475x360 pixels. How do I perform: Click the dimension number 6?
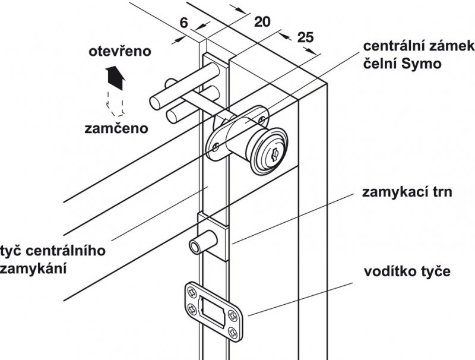183,23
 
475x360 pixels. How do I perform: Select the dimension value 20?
261,22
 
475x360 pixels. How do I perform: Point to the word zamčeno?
116,128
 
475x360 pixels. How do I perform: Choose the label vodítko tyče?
407,272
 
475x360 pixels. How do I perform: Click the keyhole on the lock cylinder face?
274,156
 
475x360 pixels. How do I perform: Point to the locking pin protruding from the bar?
199,245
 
